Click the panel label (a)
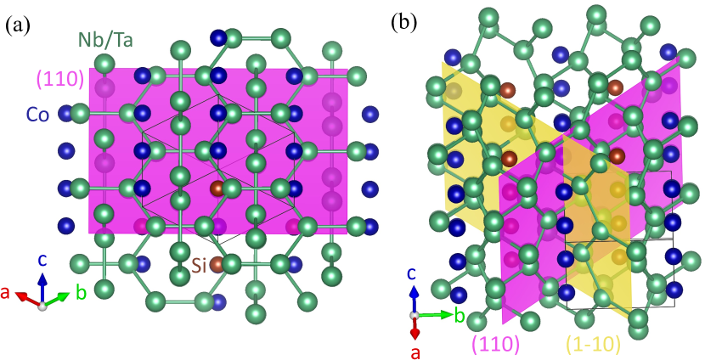coord(20,25)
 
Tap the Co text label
coord(37,114)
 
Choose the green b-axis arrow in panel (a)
coord(58,299)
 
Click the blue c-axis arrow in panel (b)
coord(414,298)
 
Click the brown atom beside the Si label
coord(217,265)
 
